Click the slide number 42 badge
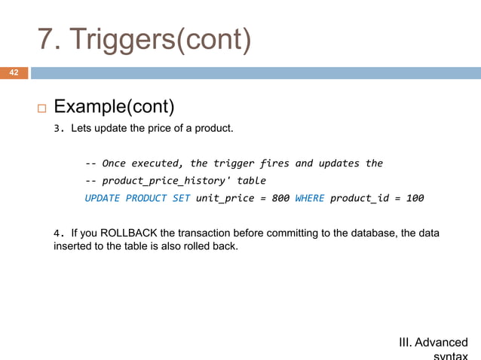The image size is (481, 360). click(14, 73)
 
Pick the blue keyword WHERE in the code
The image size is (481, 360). click(309, 198)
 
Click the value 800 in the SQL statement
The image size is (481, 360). click(280, 198)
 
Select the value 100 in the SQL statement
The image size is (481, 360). click(414, 198)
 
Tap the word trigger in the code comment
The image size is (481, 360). click(234, 163)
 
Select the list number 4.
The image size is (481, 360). click(57, 233)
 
